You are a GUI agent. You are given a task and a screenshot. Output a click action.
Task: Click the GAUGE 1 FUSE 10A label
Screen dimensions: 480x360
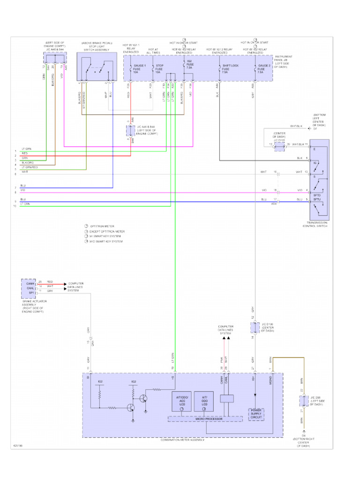(140, 68)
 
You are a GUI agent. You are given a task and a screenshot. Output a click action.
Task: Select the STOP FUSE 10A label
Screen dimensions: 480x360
(160, 68)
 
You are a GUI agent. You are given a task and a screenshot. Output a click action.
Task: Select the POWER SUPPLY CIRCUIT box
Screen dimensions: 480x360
(255, 414)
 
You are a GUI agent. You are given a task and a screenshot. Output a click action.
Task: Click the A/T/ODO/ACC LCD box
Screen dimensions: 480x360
(181, 401)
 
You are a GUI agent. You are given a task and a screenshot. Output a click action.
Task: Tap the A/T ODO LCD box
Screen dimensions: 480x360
(204, 401)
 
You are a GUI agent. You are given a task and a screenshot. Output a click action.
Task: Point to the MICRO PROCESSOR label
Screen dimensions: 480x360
(205, 418)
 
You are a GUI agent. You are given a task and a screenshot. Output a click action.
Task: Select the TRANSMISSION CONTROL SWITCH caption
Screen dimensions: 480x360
(316, 224)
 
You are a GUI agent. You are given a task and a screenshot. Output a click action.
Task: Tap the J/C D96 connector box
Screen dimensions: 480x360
(302, 402)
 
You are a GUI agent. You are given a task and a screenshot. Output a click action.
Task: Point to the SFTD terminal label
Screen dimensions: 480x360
(317, 190)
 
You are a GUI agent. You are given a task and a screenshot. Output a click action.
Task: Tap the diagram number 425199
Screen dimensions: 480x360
(19, 446)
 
